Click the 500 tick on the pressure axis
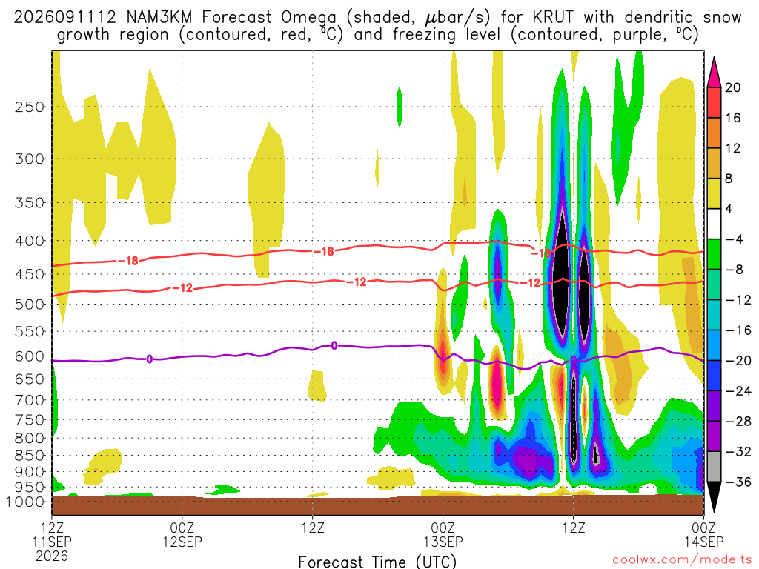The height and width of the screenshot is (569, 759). [30, 305]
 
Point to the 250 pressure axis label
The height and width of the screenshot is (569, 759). [30, 107]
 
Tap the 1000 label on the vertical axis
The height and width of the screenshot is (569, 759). [26, 502]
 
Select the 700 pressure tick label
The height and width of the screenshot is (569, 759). [30, 400]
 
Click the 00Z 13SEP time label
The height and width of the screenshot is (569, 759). [443, 534]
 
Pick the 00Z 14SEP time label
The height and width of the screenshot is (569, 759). [704, 534]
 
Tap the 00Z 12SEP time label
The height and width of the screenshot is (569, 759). [182, 534]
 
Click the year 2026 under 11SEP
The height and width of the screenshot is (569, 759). [52, 556]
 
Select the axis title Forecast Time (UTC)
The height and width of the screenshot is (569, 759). [377, 562]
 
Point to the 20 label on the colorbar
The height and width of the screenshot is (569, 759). [733, 87]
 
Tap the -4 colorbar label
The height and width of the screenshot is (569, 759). [734, 239]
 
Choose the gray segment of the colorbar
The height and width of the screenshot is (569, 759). [714, 467]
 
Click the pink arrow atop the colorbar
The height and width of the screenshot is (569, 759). [714, 72]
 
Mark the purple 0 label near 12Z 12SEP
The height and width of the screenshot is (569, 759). [334, 345]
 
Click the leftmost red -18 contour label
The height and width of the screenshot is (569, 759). [129, 261]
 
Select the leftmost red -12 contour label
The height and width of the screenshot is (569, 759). [182, 288]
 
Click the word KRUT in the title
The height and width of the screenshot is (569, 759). [552, 18]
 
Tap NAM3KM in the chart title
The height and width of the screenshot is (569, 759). [159, 18]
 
